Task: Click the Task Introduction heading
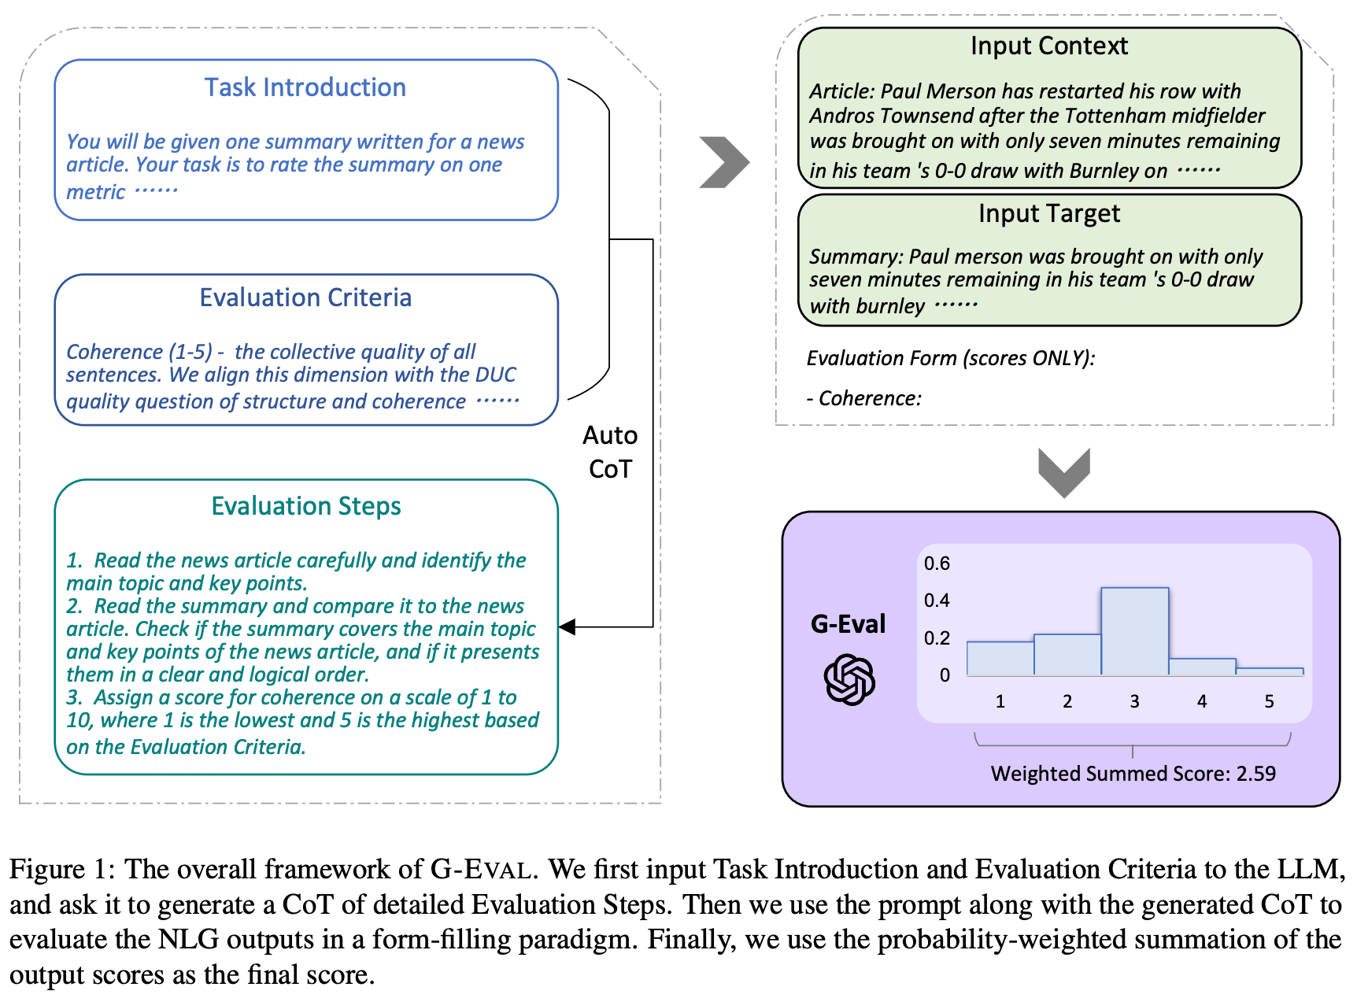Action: click(305, 87)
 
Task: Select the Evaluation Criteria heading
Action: click(305, 298)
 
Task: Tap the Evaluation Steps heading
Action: click(306, 506)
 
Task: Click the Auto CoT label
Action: click(610, 452)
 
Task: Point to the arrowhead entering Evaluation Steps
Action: click(568, 627)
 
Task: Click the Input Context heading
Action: click(1048, 46)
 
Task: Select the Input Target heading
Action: click(1048, 213)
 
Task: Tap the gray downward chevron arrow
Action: click(1064, 472)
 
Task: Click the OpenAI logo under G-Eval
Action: click(849, 678)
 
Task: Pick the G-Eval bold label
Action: click(848, 624)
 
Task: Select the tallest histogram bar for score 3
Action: click(1134, 631)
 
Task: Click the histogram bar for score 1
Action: click(1000, 658)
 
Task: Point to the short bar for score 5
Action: click(1269, 671)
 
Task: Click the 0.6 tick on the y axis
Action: click(937, 564)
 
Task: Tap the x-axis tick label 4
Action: click(1202, 701)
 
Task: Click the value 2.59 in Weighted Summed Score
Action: click(1255, 774)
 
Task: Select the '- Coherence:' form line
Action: click(864, 398)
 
